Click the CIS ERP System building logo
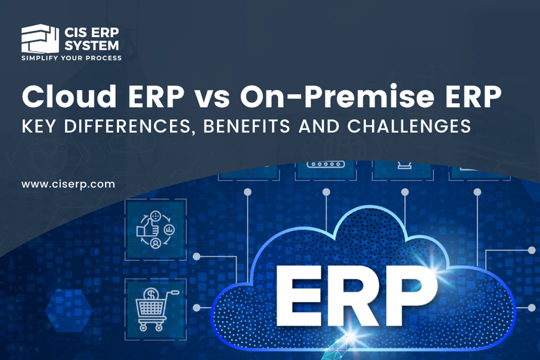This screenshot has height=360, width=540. [38, 39]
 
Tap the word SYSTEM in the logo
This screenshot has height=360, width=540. [92, 45]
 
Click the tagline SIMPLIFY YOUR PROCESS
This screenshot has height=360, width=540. [71, 58]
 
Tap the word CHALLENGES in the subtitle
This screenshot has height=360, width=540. [408, 126]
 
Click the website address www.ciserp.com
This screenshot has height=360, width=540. [68, 184]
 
